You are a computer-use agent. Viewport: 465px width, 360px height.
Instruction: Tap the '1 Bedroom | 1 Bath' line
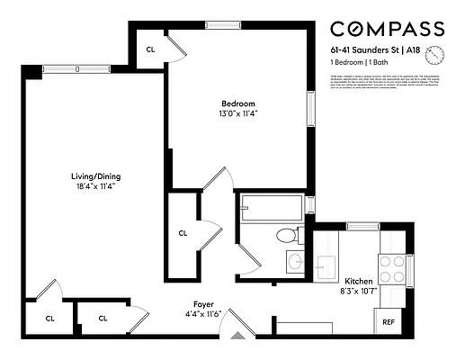coord(359,64)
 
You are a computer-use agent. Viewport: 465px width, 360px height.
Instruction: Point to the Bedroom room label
coord(237,103)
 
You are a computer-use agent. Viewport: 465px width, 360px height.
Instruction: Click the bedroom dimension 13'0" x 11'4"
coord(237,114)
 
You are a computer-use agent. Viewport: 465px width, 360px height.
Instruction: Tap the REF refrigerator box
coord(389,321)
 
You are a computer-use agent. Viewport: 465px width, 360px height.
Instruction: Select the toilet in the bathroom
coord(286,237)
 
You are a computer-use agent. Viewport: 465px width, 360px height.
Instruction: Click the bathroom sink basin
coord(294,263)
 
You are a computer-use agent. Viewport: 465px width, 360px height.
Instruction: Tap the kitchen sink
coord(326,267)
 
